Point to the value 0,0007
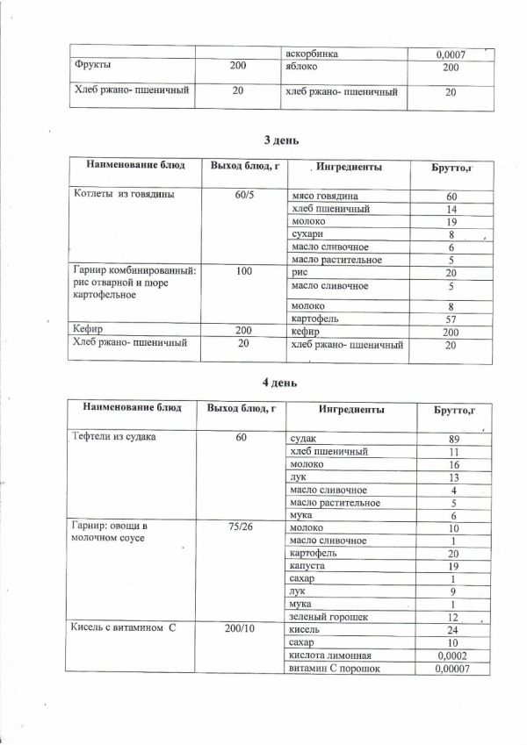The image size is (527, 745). [x=450, y=55]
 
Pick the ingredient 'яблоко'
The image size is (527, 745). [x=303, y=67]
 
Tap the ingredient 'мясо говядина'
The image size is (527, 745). [x=324, y=195]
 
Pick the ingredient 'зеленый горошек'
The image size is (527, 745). [x=328, y=618]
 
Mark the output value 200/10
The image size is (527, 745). [x=242, y=630]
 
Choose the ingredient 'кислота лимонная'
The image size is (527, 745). [x=330, y=655]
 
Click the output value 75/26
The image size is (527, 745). [x=241, y=528]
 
